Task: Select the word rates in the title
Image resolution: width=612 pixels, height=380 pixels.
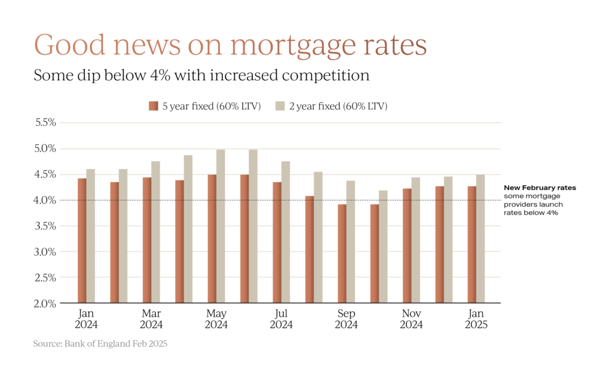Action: (397, 45)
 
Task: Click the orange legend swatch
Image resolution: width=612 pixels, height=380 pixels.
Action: (154, 106)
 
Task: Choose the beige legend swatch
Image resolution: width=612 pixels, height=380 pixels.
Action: (280, 106)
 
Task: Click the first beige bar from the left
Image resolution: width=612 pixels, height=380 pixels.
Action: (91, 235)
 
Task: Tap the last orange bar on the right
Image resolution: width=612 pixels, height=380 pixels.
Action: (472, 244)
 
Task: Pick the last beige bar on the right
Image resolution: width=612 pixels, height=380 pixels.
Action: (481, 238)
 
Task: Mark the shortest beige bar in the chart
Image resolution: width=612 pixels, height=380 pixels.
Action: (383, 246)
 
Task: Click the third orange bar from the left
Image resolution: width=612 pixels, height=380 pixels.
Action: (146, 240)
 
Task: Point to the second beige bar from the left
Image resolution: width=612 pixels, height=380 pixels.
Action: (123, 235)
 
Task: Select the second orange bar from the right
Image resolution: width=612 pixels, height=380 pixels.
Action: (439, 244)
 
